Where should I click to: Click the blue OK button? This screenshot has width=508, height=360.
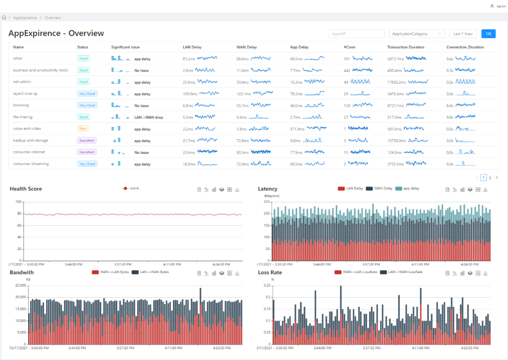[488, 34]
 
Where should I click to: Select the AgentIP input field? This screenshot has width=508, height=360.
[357, 34]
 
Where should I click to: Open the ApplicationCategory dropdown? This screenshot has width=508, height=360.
[417, 34]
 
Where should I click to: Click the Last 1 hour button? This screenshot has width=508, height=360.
[463, 34]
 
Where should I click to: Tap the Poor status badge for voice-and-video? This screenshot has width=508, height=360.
[83, 128]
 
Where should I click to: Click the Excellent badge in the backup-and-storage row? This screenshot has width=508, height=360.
[87, 140]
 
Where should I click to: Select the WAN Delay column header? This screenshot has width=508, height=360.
[246, 47]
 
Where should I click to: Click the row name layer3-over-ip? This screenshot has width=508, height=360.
[25, 94]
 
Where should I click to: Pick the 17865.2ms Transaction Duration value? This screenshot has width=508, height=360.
[397, 82]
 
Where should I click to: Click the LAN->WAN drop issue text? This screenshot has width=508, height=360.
[149, 117]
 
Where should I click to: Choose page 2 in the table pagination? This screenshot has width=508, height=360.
[490, 177]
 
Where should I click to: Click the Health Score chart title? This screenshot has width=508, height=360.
[26, 189]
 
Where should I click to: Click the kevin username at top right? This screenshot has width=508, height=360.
[501, 6]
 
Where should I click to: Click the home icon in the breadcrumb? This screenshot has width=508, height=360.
[4, 18]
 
